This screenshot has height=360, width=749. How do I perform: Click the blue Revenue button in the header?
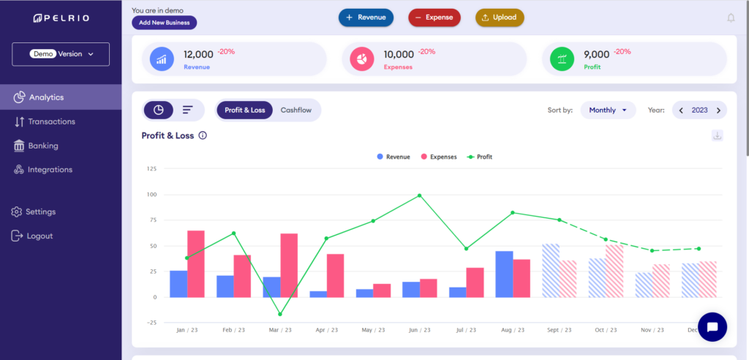366,18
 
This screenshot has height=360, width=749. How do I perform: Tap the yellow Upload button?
500,18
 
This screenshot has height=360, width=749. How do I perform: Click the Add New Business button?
164,23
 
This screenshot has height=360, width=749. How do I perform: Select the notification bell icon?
731,18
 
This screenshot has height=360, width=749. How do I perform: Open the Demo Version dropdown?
61,54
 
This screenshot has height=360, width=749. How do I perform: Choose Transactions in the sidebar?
51,121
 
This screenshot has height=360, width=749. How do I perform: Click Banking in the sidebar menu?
43,146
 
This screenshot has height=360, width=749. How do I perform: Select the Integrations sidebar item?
50,170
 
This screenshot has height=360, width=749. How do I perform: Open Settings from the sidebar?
40,212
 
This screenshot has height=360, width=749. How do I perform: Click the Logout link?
39,236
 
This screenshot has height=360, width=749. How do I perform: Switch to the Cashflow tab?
296,110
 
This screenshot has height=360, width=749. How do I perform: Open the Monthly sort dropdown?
608,110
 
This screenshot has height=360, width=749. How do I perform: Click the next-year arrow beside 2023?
718,110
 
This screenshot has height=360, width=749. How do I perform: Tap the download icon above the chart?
717,135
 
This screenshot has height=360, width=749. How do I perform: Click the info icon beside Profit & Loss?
203,135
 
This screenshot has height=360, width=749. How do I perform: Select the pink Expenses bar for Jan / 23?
195,263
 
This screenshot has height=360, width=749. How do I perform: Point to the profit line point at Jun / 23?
419,195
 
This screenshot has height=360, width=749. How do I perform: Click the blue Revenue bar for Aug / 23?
504,274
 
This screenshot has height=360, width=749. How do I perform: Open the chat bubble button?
712,326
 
